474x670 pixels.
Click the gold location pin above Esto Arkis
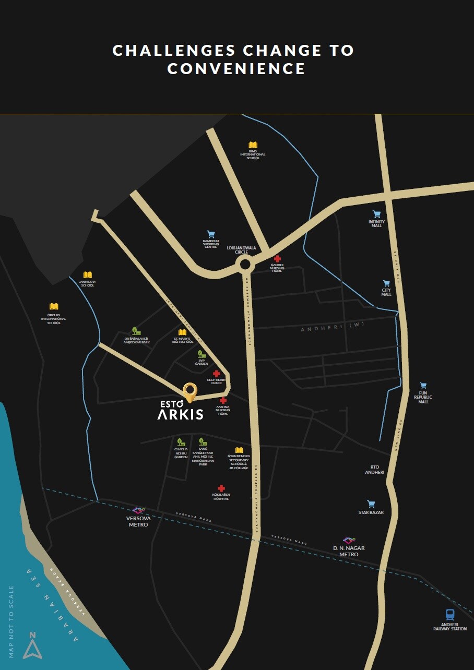[x=190, y=392]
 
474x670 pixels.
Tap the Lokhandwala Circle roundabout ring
[x=244, y=265]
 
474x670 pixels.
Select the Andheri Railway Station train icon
[x=450, y=615]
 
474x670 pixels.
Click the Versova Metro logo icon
[x=138, y=510]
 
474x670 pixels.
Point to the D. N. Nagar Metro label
[x=349, y=551]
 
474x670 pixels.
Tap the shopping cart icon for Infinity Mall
[x=376, y=214]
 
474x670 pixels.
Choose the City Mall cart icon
[x=386, y=283]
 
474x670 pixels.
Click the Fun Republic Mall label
[x=423, y=397]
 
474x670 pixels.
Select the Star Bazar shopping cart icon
[x=371, y=504]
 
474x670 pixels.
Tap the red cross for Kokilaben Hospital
[x=221, y=488]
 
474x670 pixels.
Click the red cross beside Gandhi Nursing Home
[x=277, y=259]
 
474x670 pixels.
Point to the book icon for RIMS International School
[x=253, y=145]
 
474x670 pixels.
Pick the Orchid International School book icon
[x=54, y=306]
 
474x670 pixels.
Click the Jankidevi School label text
[x=87, y=283]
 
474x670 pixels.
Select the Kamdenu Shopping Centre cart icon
[x=211, y=234]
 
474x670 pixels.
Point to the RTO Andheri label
[x=375, y=470]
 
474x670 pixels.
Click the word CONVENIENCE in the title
[x=236, y=69]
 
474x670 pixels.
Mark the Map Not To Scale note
[x=11, y=621]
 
